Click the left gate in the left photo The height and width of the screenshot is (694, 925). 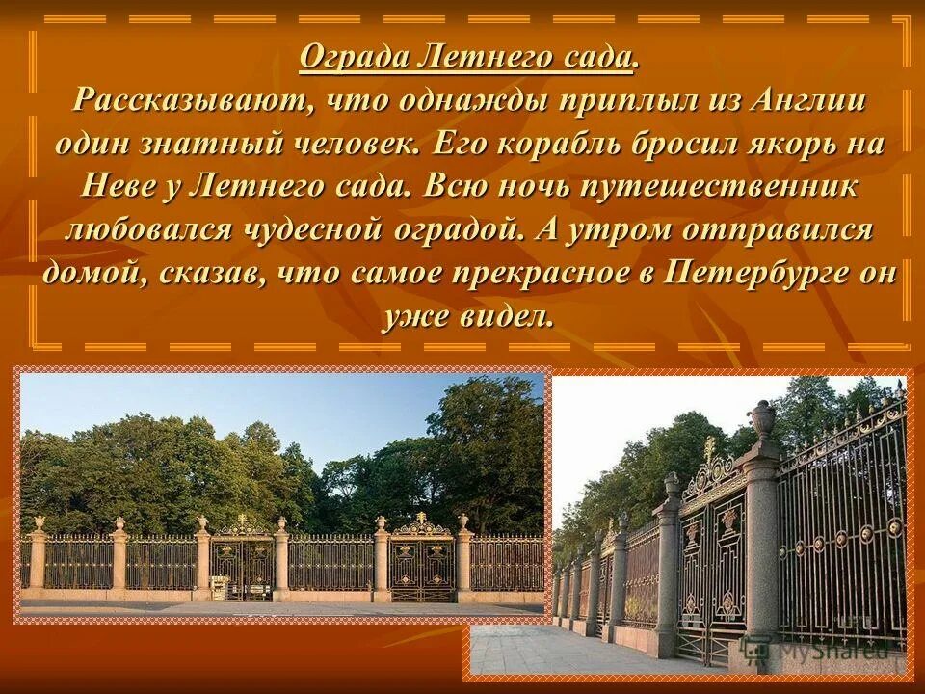click(241, 564)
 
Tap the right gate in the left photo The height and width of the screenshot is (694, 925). click(421, 564)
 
